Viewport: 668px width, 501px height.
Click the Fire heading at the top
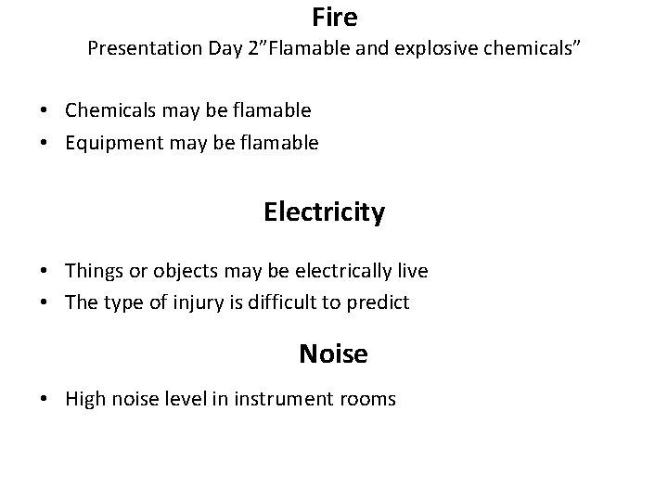[334, 17]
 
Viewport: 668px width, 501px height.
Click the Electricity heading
[324, 212]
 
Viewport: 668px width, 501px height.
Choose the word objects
[173, 271]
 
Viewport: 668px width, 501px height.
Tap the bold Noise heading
[333, 353]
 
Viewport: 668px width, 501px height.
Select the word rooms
[370, 400]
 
